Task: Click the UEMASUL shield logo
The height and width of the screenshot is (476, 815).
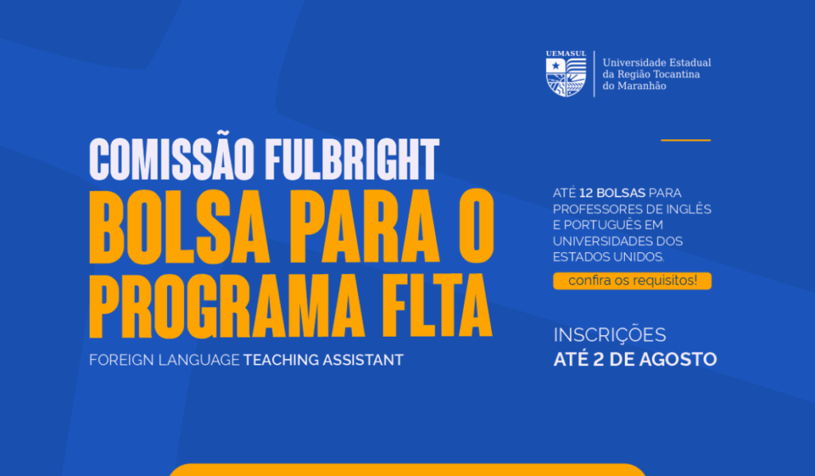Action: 566,77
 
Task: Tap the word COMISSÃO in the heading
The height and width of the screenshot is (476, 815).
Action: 172,159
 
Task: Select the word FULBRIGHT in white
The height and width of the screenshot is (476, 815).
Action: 352,159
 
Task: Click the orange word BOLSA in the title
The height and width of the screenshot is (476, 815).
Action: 179,227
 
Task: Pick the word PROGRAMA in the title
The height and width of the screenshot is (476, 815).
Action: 226,306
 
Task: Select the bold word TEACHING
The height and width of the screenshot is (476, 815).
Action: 281,360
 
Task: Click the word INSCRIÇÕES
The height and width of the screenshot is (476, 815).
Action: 610,335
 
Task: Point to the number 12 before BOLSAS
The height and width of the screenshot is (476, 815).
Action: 586,193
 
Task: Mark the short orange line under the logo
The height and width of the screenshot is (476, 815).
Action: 685,140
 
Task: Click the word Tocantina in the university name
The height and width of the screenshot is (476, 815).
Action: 677,74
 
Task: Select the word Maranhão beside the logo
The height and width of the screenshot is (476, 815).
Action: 642,86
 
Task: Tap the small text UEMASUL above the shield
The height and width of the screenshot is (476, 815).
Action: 566,53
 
